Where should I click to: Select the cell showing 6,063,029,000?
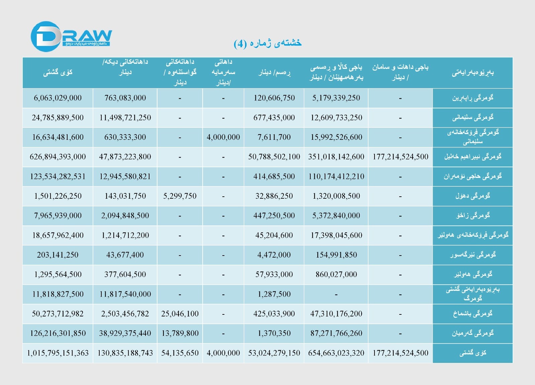[x=58, y=98]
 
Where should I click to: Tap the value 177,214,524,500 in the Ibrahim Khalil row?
[x=400, y=157]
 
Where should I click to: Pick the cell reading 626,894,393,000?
[x=58, y=157]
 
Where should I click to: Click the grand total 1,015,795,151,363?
[x=58, y=353]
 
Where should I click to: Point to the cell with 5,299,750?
[x=180, y=196]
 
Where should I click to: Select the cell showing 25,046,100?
[x=180, y=314]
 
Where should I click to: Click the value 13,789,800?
[x=180, y=333]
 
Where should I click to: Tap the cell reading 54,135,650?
[x=180, y=353]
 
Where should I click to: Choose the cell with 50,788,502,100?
[x=274, y=157]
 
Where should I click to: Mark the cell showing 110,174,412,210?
[x=336, y=177]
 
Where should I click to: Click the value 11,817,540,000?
[x=125, y=294]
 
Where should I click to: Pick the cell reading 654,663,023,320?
[x=336, y=353]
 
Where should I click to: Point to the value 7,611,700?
[x=274, y=137]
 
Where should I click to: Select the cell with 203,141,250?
[x=58, y=255]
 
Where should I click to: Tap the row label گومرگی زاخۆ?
[x=472, y=216]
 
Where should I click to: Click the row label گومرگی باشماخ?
[x=472, y=314]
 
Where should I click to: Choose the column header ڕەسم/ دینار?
[x=274, y=73]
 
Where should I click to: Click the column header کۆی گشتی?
[x=58, y=73]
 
